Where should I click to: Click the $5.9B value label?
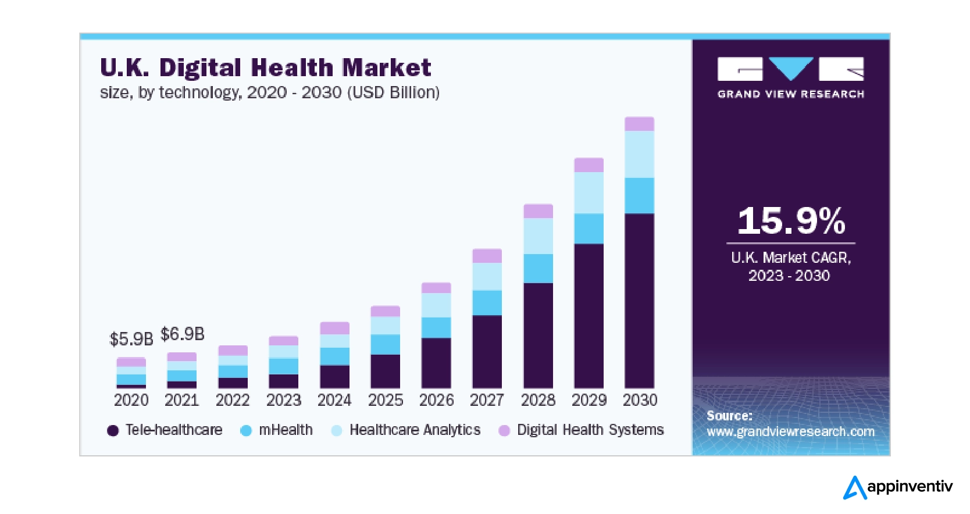pos(131,339)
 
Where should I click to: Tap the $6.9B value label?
pos(183,334)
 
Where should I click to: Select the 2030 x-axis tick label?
pos(640,400)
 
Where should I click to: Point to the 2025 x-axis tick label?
pos(386,400)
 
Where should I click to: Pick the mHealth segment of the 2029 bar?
pos(589,229)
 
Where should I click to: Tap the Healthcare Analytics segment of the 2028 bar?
pos(538,236)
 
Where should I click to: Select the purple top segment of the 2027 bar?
pos(487,256)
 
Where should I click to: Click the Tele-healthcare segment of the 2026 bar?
pos(436,363)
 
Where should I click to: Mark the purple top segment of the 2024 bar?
pos(334,328)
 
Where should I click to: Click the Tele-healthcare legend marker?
pos(113,430)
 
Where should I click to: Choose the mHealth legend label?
pos(286,430)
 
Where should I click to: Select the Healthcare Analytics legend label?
pos(415,430)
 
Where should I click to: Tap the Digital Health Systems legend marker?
pos(504,430)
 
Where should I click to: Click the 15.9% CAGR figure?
pos(791,221)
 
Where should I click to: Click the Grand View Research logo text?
pos(790,94)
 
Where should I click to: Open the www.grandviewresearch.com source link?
pos(790,431)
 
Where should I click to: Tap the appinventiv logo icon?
pos(855,487)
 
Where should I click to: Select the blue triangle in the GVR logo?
pos(791,67)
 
